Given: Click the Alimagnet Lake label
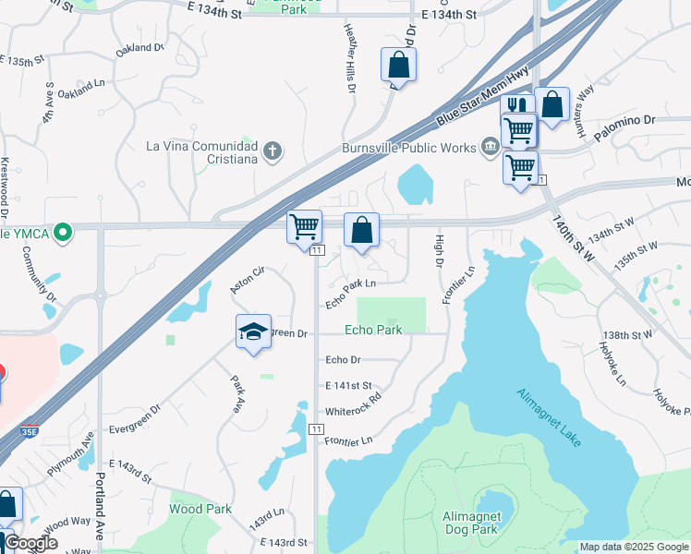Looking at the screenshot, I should click(549, 417).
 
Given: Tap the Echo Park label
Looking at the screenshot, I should click(373, 330).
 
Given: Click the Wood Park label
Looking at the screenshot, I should click(200, 509).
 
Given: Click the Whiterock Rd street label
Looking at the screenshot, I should click(353, 412).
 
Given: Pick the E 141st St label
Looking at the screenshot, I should click(348, 385).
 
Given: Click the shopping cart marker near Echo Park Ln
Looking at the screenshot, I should click(304, 227).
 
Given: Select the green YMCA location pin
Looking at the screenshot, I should click(63, 233).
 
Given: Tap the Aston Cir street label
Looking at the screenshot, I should click(248, 279).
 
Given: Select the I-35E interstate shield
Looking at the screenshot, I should click(30, 431).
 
